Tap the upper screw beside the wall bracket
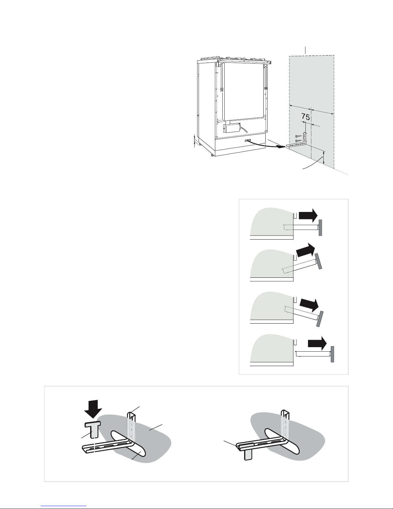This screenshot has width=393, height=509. tap(299, 136)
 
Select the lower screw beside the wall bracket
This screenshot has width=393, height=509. tap(298, 141)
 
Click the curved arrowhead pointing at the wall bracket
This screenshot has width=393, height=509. tap(281, 147)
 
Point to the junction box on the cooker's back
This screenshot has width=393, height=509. tap(231, 127)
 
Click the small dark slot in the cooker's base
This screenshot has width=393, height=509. tap(247, 140)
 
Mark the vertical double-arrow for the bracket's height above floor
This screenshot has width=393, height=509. tap(324, 158)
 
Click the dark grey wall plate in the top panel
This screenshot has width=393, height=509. tap(320, 228)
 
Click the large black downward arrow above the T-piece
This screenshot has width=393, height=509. tap(92, 408)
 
